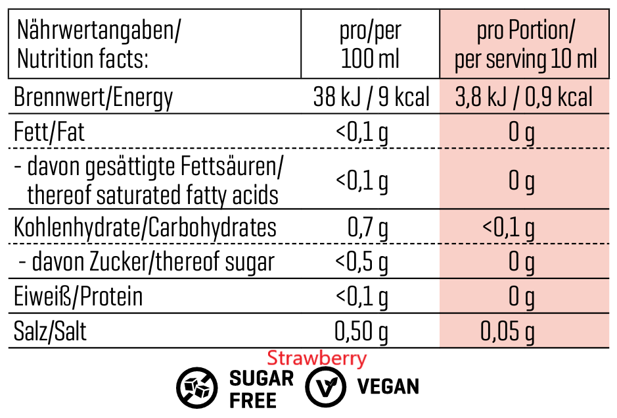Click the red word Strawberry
coord(317,359)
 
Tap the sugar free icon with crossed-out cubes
coord(195,386)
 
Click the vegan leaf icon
coord(325,386)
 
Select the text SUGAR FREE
coord(261,388)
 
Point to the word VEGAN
coord(388,386)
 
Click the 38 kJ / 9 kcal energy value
coord(371,98)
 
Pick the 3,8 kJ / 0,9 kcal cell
coord(524,98)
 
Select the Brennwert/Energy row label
coord(93,98)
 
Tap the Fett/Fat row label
coord(49,132)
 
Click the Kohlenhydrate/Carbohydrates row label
coord(145,228)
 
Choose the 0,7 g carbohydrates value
coord(368,228)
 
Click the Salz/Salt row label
coord(50,331)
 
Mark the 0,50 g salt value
coord(361,331)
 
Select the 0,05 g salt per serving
coord(507,331)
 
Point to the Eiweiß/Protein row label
coord(78,297)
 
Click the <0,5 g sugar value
coord(361,262)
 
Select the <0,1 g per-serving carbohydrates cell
coord(508,228)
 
